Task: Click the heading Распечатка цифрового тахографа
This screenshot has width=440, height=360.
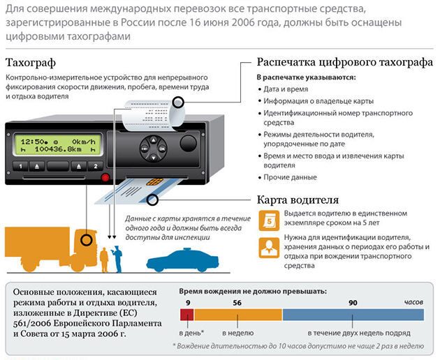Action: pyautogui.click(x=345, y=62)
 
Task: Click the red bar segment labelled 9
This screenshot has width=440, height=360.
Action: pyautogui.click(x=186, y=315)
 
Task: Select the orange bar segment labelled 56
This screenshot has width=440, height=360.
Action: pyautogui.click(x=237, y=315)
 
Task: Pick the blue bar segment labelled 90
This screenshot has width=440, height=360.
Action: pyautogui.click(x=353, y=315)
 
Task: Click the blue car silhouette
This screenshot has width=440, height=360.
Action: pyautogui.click(x=183, y=262)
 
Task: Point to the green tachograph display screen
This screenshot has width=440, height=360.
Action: pyautogui.click(x=57, y=147)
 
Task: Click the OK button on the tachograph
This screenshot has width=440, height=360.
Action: pyautogui.click(x=161, y=149)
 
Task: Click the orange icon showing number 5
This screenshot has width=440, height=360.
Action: pyautogui.click(x=268, y=221)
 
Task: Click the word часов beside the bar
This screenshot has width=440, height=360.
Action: pyautogui.click(x=413, y=301)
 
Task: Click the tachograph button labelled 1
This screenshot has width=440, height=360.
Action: pyautogui.click(x=20, y=166)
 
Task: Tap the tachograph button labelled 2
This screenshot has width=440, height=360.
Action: pyautogui.click(x=96, y=166)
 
